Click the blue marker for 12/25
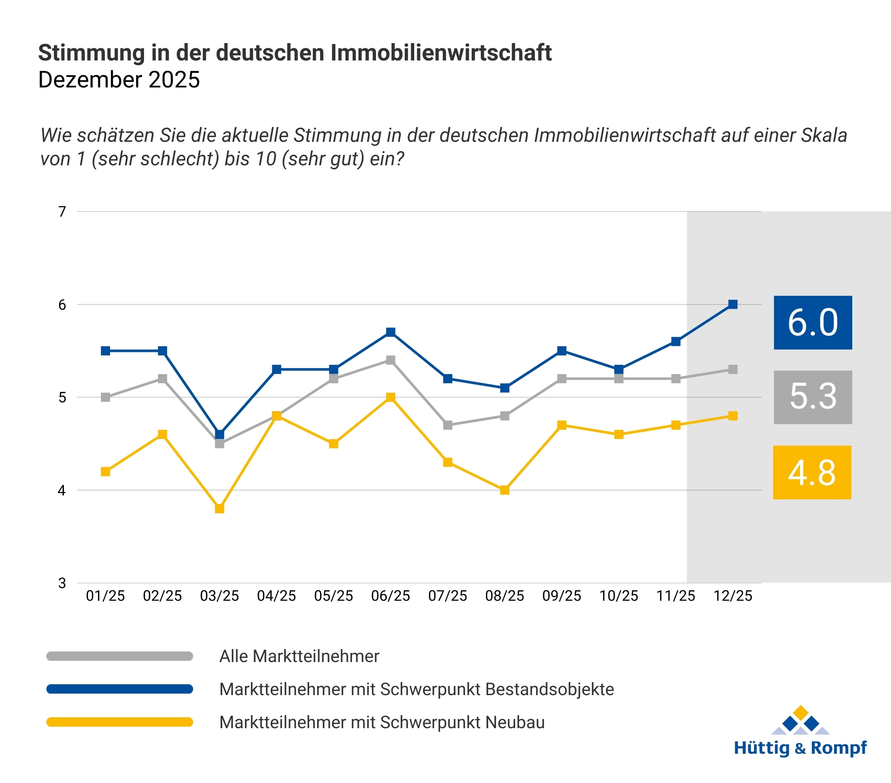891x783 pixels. point(733,304)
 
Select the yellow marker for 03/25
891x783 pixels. point(220,509)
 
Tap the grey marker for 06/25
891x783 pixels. point(391,360)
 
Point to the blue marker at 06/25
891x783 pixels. point(391,332)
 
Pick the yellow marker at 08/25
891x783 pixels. point(505,490)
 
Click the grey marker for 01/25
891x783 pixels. point(105,397)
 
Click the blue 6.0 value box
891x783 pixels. point(813,323)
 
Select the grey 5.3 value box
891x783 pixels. point(813,397)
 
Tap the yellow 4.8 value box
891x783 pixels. point(812,472)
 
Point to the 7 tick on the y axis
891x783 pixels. point(62,212)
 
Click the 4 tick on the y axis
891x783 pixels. point(62,491)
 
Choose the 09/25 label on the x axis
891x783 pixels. point(562,596)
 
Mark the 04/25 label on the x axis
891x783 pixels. point(276,596)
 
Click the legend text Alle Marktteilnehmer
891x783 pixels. point(299,656)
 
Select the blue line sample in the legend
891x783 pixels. point(120,689)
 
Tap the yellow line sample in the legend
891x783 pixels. point(120,723)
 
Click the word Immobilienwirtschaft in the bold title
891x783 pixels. point(441,53)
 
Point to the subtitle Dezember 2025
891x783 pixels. point(119,80)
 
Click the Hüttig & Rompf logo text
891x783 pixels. point(800,748)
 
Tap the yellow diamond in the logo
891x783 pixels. point(801,713)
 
